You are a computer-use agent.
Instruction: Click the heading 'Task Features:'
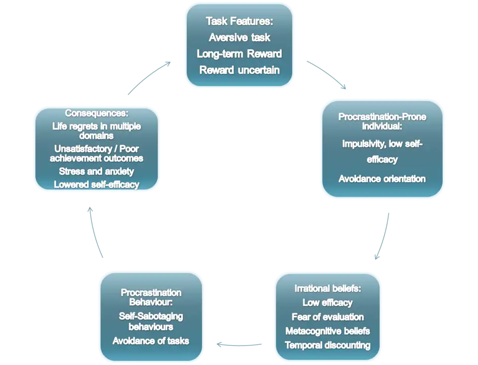tap(239, 21)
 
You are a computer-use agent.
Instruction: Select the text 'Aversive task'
tap(239, 37)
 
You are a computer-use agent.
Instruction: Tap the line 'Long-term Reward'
tap(239, 54)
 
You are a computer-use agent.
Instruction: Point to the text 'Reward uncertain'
tap(239, 70)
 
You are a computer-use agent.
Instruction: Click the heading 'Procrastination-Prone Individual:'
tap(382, 121)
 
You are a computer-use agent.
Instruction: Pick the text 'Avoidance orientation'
tap(382, 178)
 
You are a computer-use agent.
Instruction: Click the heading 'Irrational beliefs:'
tap(327, 288)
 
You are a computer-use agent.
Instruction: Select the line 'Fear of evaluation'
tap(327, 317)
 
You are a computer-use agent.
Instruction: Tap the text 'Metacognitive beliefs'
tap(327, 331)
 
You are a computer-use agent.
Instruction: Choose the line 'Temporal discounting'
tap(327, 345)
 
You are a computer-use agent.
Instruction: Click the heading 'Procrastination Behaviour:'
tap(151, 297)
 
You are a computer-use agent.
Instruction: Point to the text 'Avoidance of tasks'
tap(151, 341)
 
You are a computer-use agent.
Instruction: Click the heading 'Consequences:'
tap(97, 113)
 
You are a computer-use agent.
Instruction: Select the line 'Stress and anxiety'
tap(97, 171)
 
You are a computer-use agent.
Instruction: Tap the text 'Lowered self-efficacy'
tap(97, 185)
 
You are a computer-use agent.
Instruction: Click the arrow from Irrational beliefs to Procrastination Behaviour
tap(239, 344)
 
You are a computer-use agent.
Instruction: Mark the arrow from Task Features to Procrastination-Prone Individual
tap(324, 75)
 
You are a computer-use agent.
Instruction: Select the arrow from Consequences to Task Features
tap(149, 78)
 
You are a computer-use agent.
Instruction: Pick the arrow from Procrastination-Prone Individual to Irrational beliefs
tap(382, 237)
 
